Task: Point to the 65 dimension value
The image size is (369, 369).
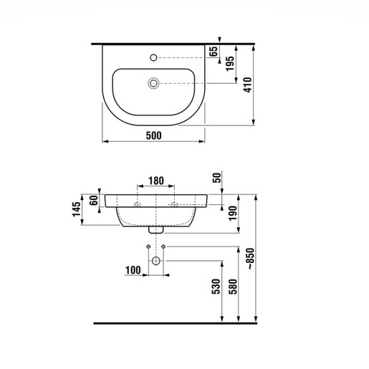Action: coord(212,50)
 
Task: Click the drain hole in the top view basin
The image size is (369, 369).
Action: coord(153,83)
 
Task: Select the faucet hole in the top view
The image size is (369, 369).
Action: coord(153,56)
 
